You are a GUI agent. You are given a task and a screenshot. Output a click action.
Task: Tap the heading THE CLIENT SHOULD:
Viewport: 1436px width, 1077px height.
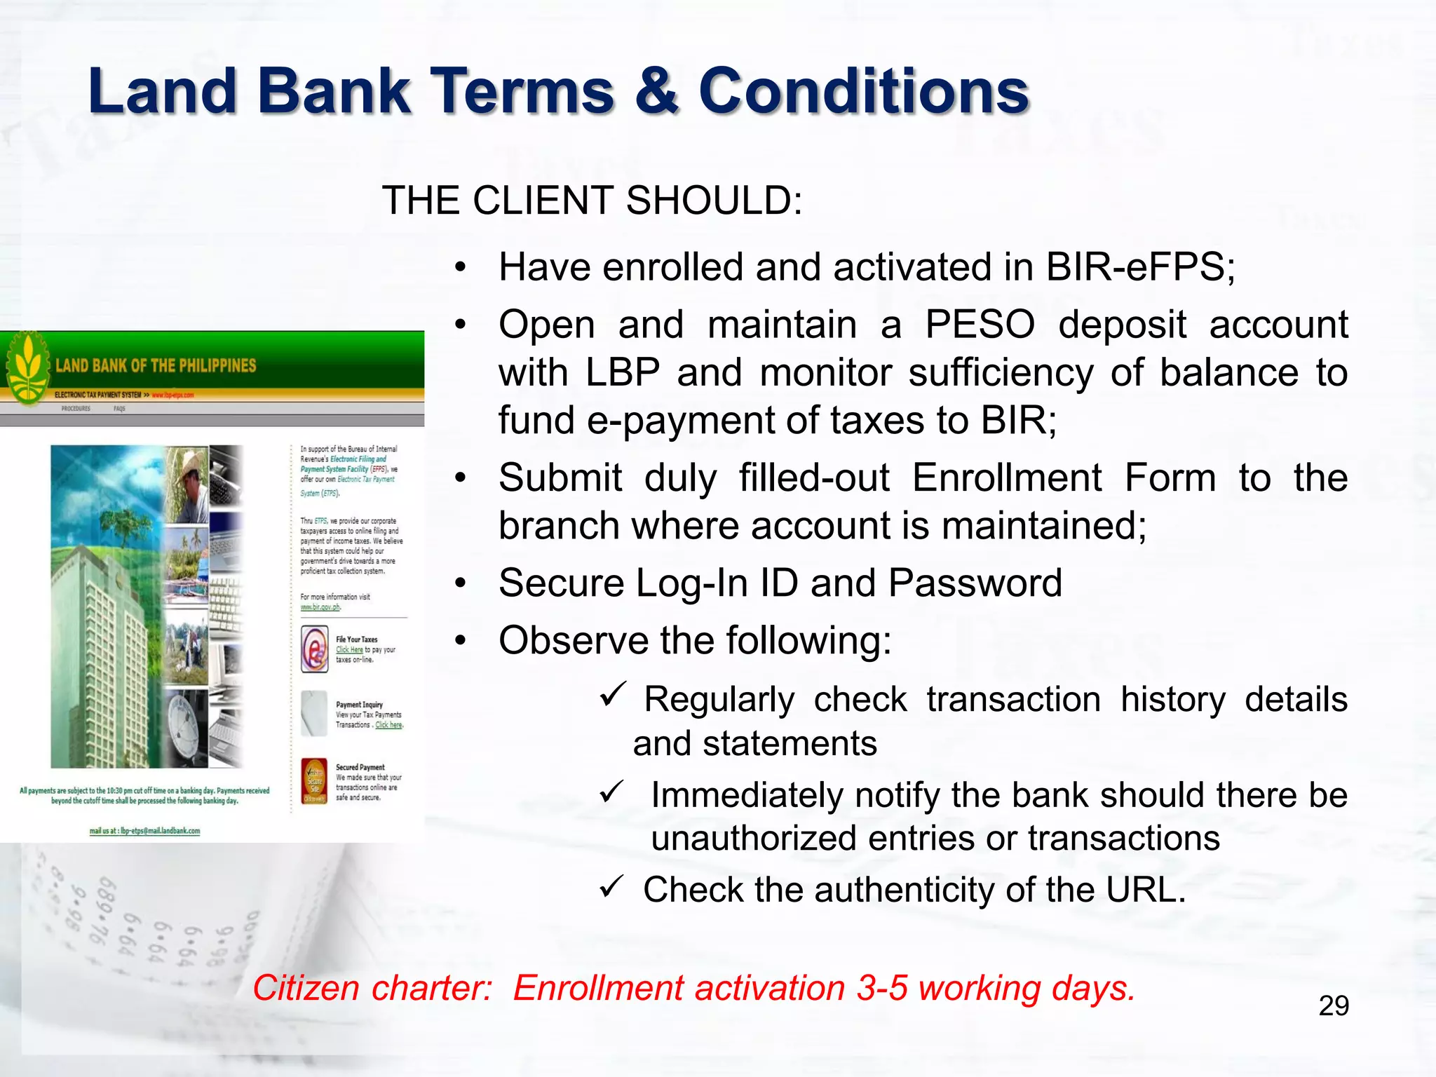click(592, 201)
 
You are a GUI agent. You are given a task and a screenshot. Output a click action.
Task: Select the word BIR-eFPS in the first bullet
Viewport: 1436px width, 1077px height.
click(1140, 267)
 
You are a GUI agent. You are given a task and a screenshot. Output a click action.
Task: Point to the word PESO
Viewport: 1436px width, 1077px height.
click(980, 325)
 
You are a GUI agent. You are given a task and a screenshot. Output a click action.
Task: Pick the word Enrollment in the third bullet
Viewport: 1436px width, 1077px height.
click(1007, 478)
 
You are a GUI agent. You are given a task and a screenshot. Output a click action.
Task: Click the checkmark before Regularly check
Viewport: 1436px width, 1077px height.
click(612, 695)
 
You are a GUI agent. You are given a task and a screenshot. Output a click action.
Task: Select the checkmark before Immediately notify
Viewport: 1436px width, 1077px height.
click(612, 792)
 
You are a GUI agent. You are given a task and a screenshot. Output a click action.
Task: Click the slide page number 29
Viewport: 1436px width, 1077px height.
click(1333, 1005)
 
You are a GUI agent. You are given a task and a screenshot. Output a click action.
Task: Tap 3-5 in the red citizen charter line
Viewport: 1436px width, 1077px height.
click(881, 988)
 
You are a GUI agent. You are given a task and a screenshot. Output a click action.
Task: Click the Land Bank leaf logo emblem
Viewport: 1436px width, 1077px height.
click(27, 368)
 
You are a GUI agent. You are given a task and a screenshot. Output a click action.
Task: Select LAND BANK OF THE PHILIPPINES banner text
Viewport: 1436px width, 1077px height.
click(156, 366)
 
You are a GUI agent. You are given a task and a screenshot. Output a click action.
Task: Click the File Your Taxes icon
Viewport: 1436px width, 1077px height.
click(315, 649)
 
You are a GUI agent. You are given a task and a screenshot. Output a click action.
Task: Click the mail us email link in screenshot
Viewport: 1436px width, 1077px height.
click(145, 831)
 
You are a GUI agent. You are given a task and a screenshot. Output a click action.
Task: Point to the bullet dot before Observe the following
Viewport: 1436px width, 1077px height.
click(460, 640)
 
